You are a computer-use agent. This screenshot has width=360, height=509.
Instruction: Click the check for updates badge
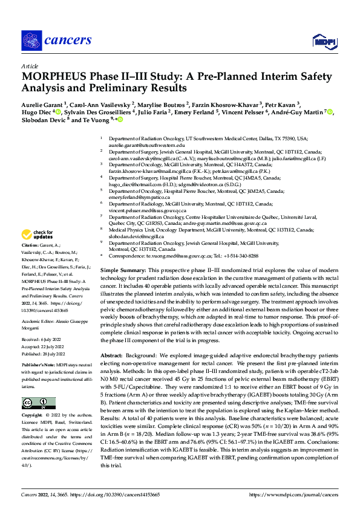pos(37,235)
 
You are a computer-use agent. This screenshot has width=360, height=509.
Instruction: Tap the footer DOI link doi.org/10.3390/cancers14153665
pos(111,494)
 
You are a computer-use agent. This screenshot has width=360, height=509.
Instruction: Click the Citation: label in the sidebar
pos(31,245)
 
